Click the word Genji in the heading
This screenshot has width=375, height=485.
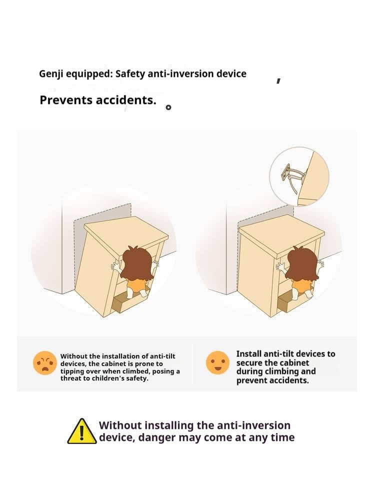[x=51, y=74]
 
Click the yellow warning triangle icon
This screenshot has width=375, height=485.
[x=82, y=431]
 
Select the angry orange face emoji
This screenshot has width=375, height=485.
[x=45, y=363]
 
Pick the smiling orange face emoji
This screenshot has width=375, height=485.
[x=218, y=362]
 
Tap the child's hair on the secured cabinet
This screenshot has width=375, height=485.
[x=301, y=263]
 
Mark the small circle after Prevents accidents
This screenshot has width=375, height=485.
[x=168, y=107]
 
